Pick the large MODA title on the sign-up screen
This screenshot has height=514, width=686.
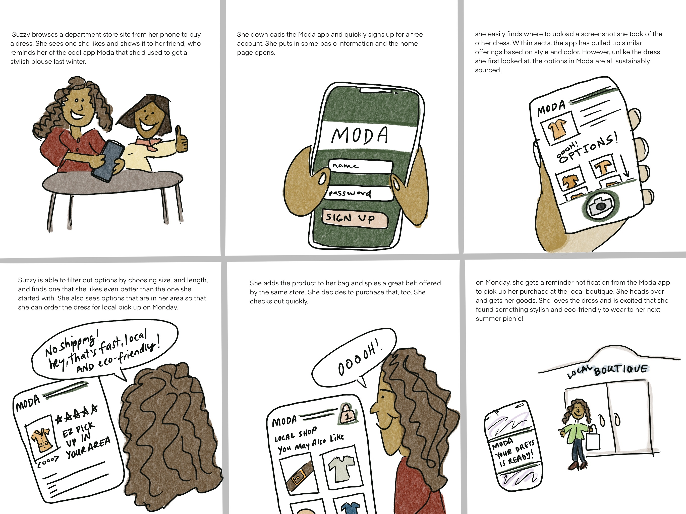360,136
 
